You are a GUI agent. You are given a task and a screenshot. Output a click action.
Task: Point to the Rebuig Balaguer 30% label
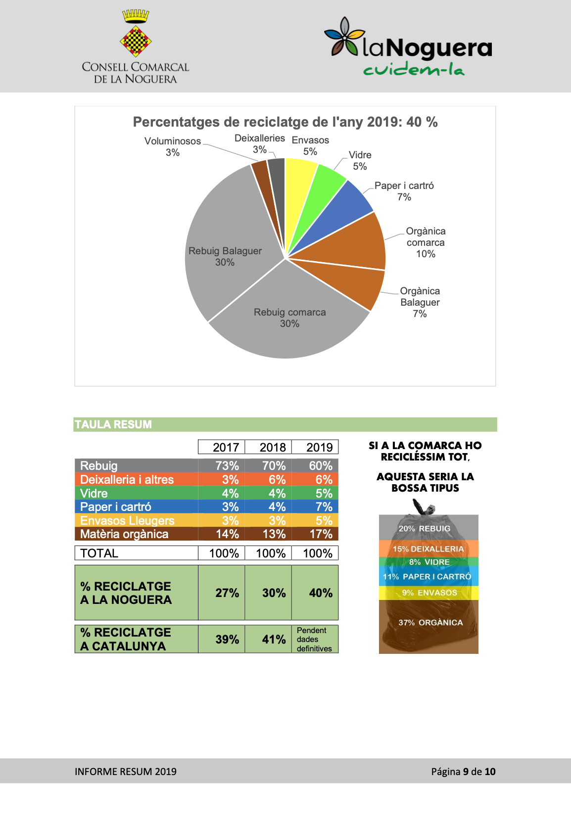(x=225, y=256)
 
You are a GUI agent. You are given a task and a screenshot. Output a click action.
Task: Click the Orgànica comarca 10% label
(x=426, y=242)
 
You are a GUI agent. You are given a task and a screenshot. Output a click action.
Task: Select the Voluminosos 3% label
(x=172, y=146)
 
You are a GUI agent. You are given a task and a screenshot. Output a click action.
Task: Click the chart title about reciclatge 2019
(x=285, y=122)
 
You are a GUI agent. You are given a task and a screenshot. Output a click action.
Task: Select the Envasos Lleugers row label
(x=127, y=520)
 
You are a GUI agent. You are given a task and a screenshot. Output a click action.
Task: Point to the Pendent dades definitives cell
(x=315, y=639)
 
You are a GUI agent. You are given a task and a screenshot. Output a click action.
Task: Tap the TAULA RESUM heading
(x=113, y=424)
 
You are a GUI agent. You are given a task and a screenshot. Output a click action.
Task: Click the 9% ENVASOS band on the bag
(x=428, y=593)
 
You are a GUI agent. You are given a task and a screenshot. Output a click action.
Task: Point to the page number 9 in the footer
(x=466, y=771)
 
